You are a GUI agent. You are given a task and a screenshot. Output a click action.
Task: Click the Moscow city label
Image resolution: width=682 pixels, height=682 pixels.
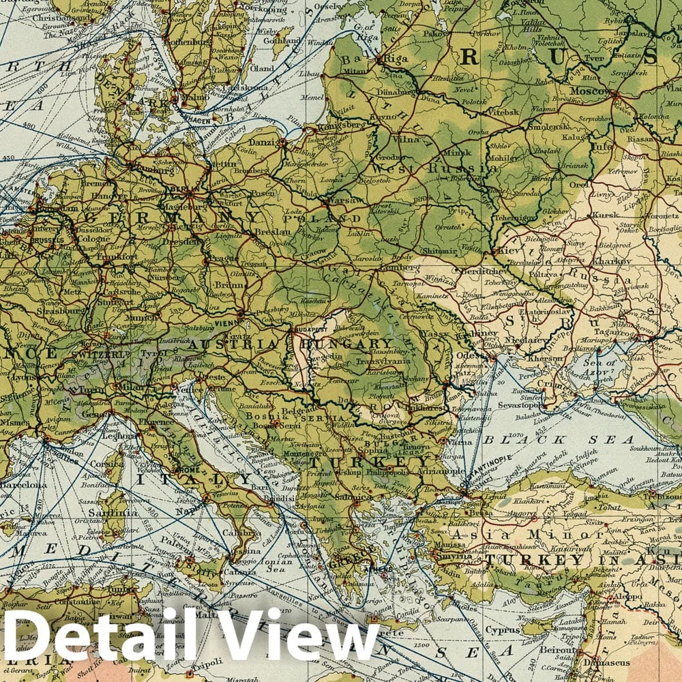click(590, 91)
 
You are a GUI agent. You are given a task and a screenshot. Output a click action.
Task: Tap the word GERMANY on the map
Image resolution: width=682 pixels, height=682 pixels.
click(170, 218)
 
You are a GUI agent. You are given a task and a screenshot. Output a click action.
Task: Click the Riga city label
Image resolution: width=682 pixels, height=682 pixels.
click(395, 59)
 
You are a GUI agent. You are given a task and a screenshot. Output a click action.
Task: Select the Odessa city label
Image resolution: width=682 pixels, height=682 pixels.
click(472, 355)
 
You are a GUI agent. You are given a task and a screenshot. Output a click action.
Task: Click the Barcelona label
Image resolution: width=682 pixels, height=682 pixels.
click(23, 485)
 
